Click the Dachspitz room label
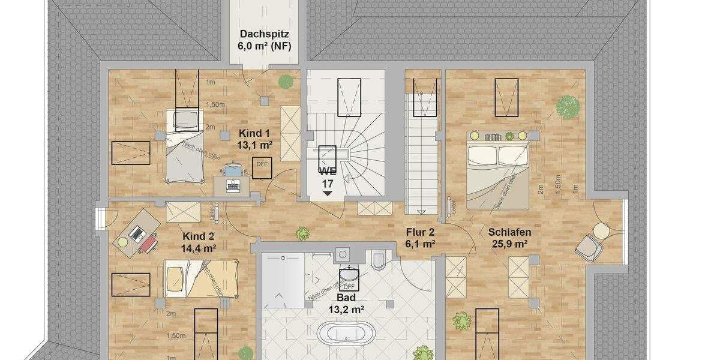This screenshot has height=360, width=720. pos(265,34)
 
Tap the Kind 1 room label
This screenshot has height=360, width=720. pos(254,133)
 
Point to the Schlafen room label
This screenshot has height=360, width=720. pos(509,232)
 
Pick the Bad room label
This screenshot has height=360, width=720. pos(346,298)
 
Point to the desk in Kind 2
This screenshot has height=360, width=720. pos(137,233)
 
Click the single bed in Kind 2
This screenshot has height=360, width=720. pos(201,277)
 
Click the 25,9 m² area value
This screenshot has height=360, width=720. pos(509,244)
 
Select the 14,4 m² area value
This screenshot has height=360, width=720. pos(199,247)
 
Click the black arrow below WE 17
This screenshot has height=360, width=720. pos(328,193)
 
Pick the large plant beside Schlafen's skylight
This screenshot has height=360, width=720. pos(568,107)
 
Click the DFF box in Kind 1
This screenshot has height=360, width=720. pos(262,166)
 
